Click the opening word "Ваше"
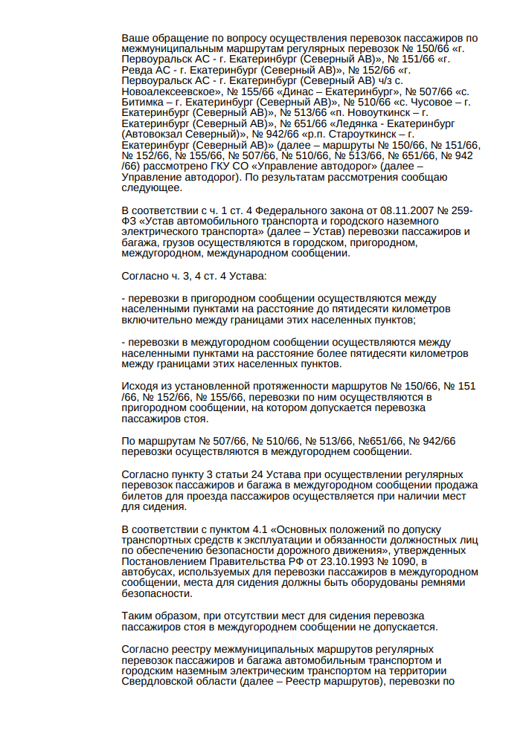pyautogui.click(x=135, y=38)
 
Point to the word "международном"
pyautogui.click(x=238, y=253)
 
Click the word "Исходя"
pyautogui.click(x=139, y=387)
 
